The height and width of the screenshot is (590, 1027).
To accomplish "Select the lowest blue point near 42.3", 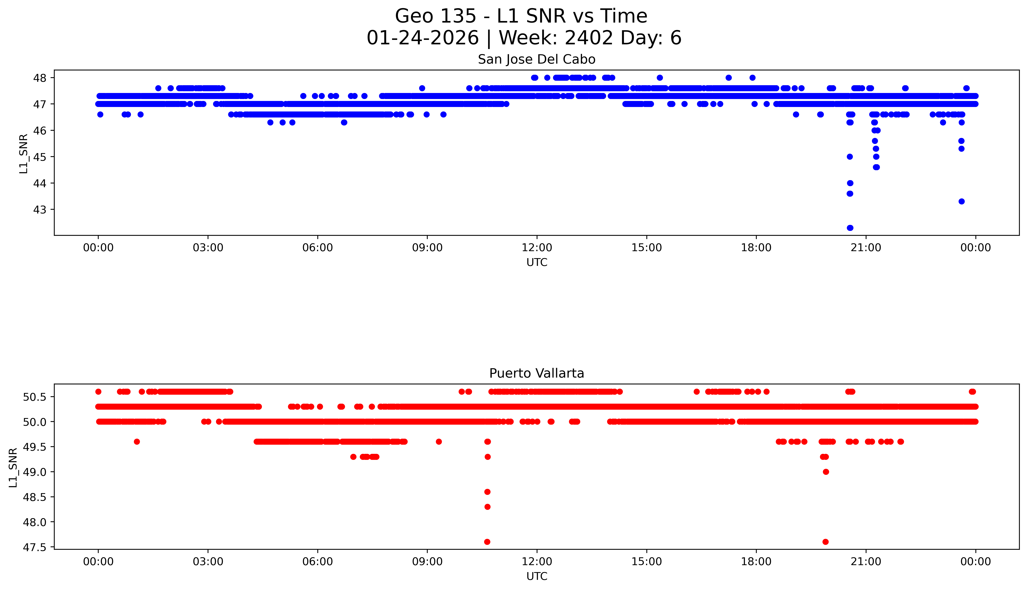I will click(850, 228).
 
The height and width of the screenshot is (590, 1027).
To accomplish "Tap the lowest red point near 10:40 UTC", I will click(487, 542).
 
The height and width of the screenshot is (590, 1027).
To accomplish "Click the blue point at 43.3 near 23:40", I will click(961, 201).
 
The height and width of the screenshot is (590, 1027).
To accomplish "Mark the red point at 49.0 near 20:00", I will click(826, 472).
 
